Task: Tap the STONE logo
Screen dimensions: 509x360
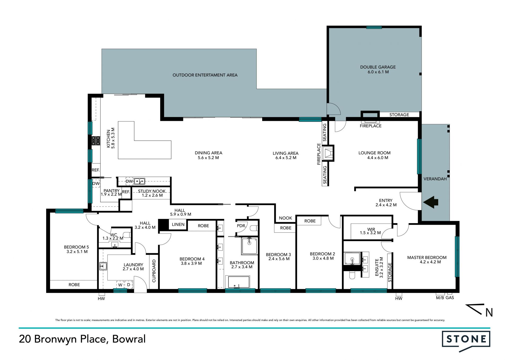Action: pos(466,340)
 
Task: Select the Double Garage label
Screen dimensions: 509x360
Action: pos(378,70)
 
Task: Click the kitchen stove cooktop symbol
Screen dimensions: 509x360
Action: pos(96,141)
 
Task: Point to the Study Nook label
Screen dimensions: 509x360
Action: pos(152,193)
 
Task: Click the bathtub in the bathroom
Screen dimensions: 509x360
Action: pos(237,282)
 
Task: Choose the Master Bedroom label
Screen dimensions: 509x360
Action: pos(427,260)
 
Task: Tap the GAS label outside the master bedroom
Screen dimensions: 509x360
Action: pos(450,298)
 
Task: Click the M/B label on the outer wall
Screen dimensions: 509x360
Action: pos(440,298)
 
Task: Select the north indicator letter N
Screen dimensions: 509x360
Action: pos(489,313)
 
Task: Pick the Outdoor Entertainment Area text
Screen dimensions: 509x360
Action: pos(205,75)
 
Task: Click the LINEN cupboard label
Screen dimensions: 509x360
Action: pos(178,224)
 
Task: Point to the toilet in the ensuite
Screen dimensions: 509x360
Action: pos(352,275)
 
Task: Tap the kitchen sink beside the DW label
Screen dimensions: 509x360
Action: pos(139,181)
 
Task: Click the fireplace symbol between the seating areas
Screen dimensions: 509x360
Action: pos(328,153)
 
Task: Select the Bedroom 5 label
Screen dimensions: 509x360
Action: pos(76,249)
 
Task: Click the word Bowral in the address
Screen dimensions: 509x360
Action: pos(129,339)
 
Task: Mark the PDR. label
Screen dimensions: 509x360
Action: pos(241,226)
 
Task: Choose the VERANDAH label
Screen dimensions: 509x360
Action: pos(435,179)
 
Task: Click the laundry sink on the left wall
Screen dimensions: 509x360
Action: pos(103,266)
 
